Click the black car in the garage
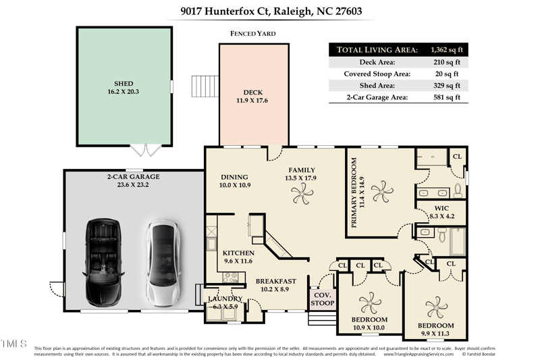pyautogui.click(x=103, y=261)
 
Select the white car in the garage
pyautogui.click(x=162, y=262)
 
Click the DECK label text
pyautogui.click(x=252, y=93)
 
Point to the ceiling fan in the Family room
pyautogui.click(x=302, y=195)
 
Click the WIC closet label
pyautogui.click(x=442, y=208)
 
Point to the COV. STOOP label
pyautogui.click(x=323, y=299)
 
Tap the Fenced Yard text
pyautogui.click(x=252, y=33)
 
